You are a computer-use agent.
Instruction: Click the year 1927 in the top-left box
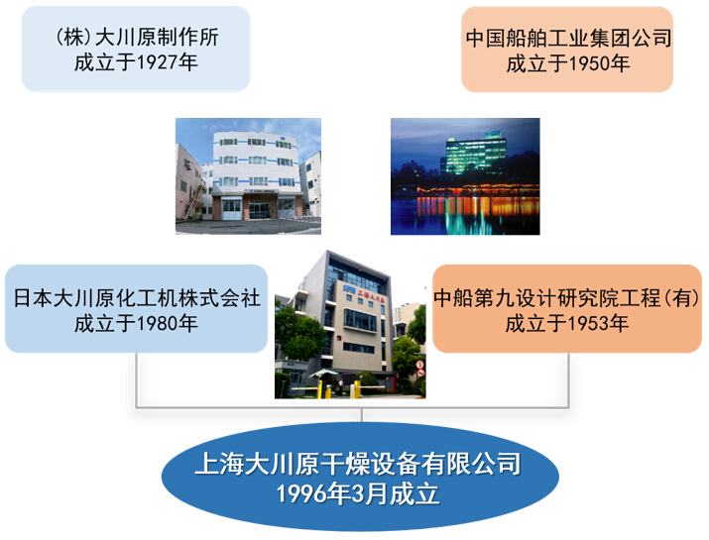tap(156, 62)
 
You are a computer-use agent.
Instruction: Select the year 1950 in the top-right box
tap(588, 63)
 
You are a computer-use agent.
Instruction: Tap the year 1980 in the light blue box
tap(156, 324)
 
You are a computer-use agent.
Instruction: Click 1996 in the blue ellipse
tap(296, 493)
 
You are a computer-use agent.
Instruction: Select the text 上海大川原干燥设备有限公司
tap(358, 464)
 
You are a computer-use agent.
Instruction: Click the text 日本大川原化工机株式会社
tap(136, 298)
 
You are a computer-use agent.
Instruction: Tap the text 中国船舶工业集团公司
tap(568, 38)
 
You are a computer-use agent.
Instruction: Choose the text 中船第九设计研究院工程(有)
tap(567, 298)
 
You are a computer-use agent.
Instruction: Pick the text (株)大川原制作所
tap(137, 37)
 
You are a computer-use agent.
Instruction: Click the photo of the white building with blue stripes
tap(248, 176)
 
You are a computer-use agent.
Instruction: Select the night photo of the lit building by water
tap(465, 176)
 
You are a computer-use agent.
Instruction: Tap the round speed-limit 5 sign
tap(420, 365)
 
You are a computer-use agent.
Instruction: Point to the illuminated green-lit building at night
tap(475, 154)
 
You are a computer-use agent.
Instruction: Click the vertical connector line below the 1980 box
tap(136, 379)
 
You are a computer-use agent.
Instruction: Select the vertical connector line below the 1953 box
tap(568, 379)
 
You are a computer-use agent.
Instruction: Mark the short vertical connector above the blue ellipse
tap(362, 415)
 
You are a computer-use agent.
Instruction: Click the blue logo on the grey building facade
tap(349, 288)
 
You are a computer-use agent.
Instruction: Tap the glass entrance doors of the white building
tap(260, 210)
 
